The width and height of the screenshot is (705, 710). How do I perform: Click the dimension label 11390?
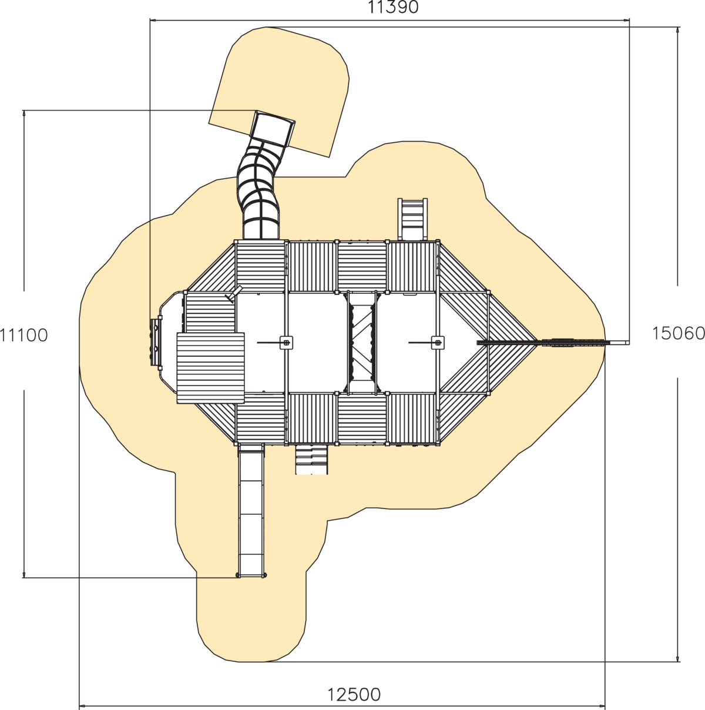coord(394,8)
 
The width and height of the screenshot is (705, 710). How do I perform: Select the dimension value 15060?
coord(679,333)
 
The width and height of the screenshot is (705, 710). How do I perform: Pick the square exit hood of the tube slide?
coord(273,128)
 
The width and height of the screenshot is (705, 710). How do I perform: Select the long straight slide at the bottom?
coord(251,511)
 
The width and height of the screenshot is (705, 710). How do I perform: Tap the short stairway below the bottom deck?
coord(311,460)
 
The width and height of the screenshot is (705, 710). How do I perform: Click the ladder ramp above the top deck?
coord(412,219)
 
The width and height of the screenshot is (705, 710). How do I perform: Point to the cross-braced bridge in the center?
coord(362,342)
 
